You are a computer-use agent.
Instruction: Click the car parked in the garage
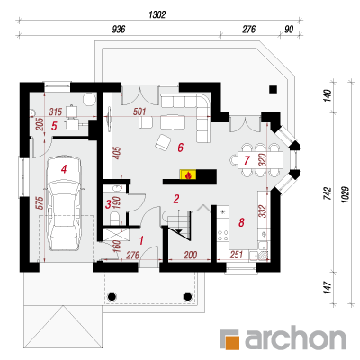click(x=64, y=203)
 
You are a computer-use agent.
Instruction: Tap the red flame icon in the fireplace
click(x=188, y=175)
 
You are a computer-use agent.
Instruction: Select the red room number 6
click(x=180, y=148)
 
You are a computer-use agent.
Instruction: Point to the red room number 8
click(x=241, y=222)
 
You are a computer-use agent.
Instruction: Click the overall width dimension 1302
click(x=157, y=14)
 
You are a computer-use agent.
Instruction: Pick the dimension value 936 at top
click(x=119, y=29)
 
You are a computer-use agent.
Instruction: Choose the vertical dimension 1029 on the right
click(x=346, y=194)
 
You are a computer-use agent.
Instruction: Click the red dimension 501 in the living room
click(x=139, y=112)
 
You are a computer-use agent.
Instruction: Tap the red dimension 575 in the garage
click(x=41, y=202)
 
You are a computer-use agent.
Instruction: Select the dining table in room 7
click(x=260, y=160)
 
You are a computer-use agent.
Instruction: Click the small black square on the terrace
click(x=273, y=89)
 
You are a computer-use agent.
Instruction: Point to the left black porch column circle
click(x=112, y=296)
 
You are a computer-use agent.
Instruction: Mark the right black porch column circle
click(x=187, y=296)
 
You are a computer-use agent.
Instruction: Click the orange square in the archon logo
click(x=232, y=343)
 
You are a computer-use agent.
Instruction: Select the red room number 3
click(x=108, y=205)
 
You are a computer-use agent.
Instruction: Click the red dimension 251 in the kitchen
click(x=237, y=255)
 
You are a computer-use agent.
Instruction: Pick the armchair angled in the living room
click(x=163, y=142)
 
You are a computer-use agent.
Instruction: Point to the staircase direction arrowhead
click(x=179, y=231)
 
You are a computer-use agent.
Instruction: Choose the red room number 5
click(x=54, y=126)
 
